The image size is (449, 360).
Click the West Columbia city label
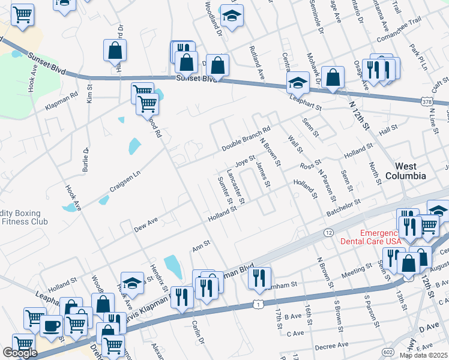tap(410, 171)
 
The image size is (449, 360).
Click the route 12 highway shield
tap(328, 232)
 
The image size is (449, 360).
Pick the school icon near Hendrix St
tap(132, 283)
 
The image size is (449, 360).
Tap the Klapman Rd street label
tap(62, 102)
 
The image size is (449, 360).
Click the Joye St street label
tap(245, 161)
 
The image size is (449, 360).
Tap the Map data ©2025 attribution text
tap(424, 355)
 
